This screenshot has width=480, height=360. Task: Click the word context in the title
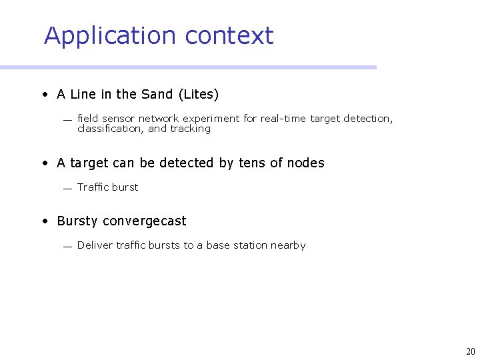[x=229, y=36]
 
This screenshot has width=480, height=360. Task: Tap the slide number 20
[x=471, y=351]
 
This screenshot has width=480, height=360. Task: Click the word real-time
[x=283, y=119]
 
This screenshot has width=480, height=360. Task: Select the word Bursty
[x=77, y=221]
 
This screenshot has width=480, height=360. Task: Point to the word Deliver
[x=95, y=245]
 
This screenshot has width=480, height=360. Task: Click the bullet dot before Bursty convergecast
[x=44, y=221]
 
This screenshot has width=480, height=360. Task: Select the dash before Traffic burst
[x=67, y=189]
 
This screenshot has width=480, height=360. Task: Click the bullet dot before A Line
[x=44, y=95]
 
